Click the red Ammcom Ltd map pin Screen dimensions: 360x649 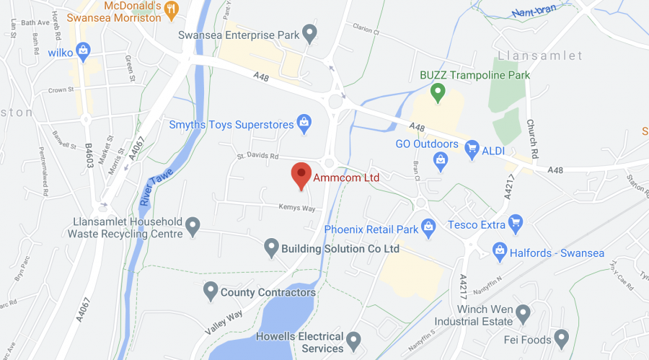(301, 175)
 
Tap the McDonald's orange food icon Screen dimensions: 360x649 (171, 9)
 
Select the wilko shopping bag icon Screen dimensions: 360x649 (83, 51)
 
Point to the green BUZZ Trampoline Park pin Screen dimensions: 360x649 (436, 92)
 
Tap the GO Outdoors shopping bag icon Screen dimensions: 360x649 (441, 164)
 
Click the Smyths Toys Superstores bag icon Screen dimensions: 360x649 (304, 124)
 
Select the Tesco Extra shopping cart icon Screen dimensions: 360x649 (515, 224)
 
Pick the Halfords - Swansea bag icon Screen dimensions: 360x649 (499, 250)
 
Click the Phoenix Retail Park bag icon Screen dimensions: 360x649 (428, 228)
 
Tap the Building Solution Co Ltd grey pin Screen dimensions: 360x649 (270, 247)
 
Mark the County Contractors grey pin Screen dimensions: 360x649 (210, 291)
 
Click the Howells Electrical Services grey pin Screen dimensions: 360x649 (353, 339)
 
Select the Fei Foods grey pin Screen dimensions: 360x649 (562, 338)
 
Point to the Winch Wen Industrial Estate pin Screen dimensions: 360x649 (524, 313)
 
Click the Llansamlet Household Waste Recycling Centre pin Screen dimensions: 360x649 (192, 227)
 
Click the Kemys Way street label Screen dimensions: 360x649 (297, 208)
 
